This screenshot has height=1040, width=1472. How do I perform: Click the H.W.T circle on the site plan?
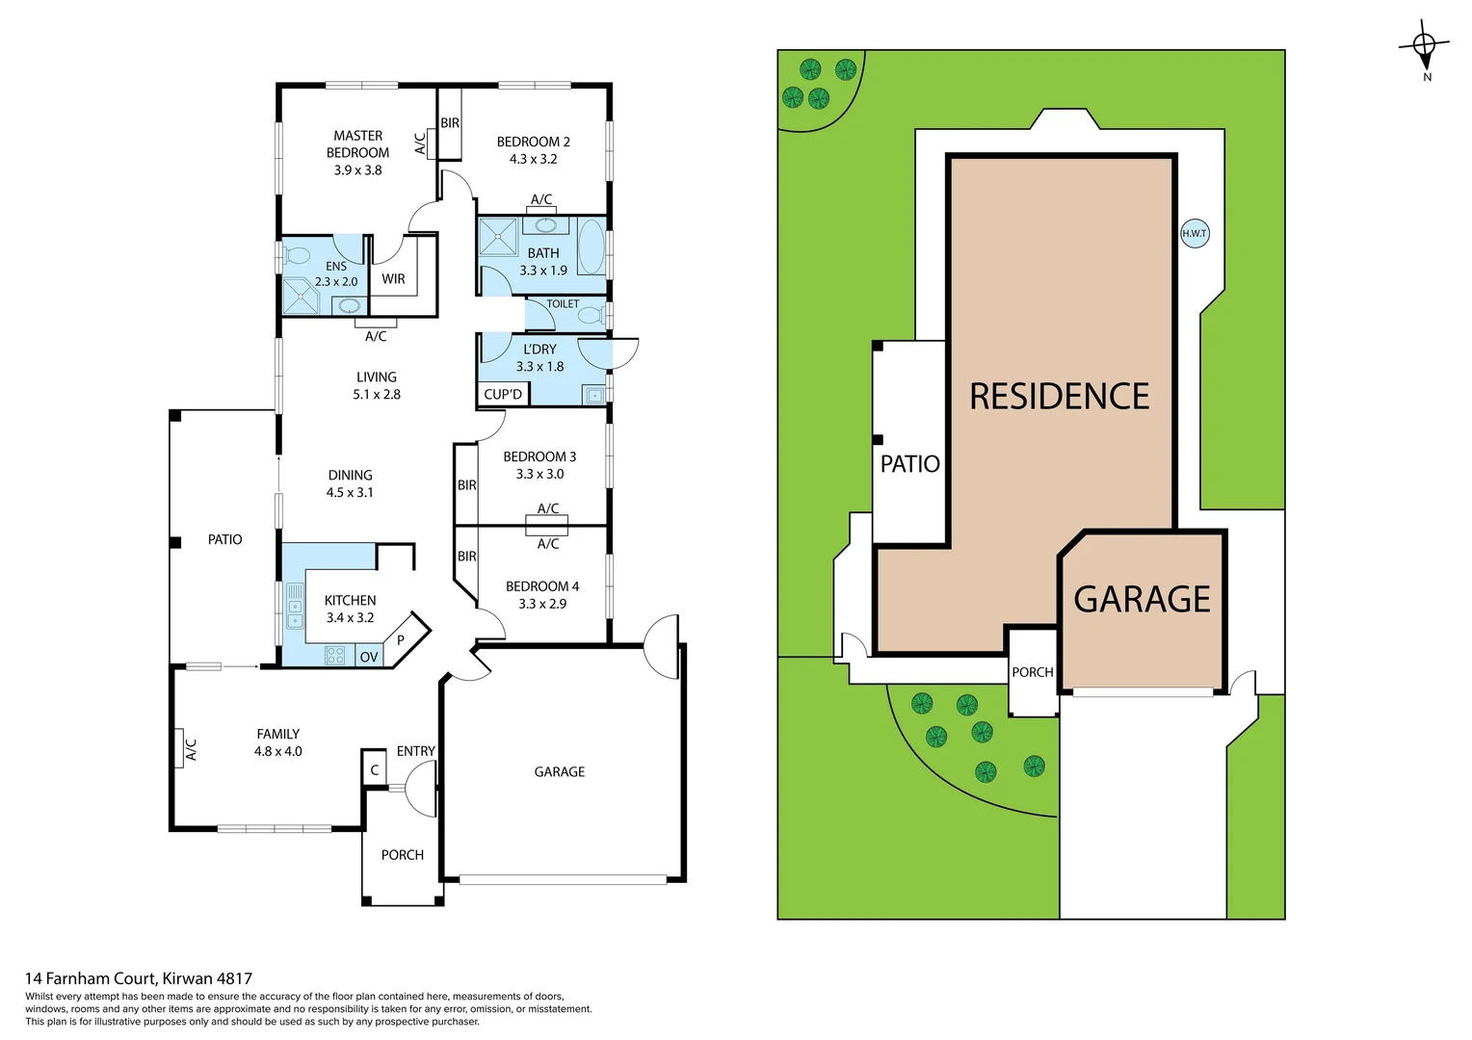pyautogui.click(x=1195, y=233)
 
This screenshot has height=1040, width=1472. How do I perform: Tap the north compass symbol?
pyautogui.click(x=1424, y=45)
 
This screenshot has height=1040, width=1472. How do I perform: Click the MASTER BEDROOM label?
pyautogui.click(x=357, y=144)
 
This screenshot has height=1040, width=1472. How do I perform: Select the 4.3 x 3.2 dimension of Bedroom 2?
pyautogui.click(x=533, y=159)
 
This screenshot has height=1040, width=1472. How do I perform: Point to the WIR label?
pyautogui.click(x=393, y=279)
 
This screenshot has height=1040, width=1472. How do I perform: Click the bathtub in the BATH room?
pyautogui.click(x=591, y=247)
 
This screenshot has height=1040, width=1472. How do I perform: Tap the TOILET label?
pyautogui.click(x=563, y=303)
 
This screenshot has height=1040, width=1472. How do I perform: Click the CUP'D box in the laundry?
pyautogui.click(x=502, y=394)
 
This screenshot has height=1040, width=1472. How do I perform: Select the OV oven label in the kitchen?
pyautogui.click(x=369, y=657)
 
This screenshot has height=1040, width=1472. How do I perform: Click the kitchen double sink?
pyautogui.click(x=294, y=607)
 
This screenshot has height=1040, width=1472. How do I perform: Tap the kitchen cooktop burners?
pyautogui.click(x=334, y=656)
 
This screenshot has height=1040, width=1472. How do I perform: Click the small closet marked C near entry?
pyautogui.click(x=375, y=769)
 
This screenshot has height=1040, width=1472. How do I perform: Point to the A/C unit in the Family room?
pyautogui.click(x=180, y=749)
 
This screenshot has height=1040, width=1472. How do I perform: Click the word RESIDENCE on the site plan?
pyautogui.click(x=1059, y=397)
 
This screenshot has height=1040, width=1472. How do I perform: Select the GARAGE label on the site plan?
pyautogui.click(x=1142, y=599)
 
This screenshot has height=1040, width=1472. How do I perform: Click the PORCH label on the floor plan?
pyautogui.click(x=402, y=855)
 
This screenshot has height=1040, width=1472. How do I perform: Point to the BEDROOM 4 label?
pyautogui.click(x=542, y=586)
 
